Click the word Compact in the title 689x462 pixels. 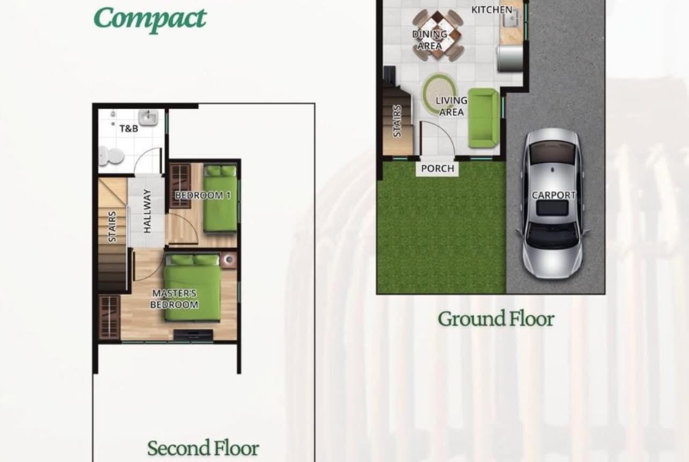[x=150, y=19]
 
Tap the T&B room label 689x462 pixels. [x=129, y=129]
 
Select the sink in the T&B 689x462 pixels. [x=148, y=118]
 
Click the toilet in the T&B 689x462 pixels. [x=110, y=157]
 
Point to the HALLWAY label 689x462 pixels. [x=147, y=211]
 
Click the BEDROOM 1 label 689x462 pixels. [x=203, y=195]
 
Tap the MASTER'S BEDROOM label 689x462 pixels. [x=174, y=298]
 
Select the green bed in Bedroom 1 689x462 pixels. [x=220, y=198]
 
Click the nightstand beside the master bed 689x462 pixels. [x=228, y=260]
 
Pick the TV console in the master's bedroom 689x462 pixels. [x=193, y=335]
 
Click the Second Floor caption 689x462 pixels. [x=203, y=448]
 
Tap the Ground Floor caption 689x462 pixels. [x=496, y=319]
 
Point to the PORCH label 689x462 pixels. [x=438, y=168]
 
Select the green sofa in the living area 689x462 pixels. [x=483, y=118]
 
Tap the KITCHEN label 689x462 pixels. [x=492, y=9]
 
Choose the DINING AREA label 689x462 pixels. [x=430, y=39]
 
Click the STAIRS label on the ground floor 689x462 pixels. [x=397, y=121]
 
